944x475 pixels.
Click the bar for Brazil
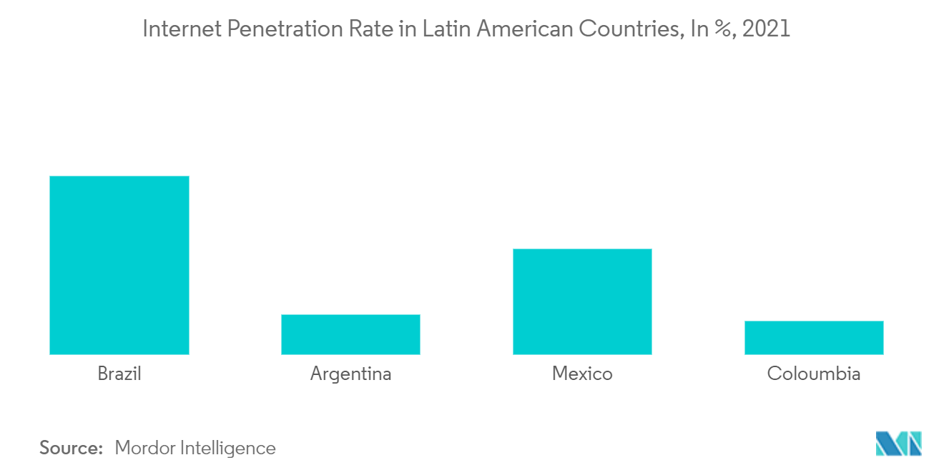tap(119, 265)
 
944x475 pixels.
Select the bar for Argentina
tap(350, 334)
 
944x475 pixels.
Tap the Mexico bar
tap(582, 301)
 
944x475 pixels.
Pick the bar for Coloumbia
tap(814, 338)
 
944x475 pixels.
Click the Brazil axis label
tap(119, 374)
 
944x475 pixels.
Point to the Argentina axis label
tap(350, 374)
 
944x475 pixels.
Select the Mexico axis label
tap(582, 374)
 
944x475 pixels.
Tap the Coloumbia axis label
tap(814, 374)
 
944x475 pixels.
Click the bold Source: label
tap(72, 448)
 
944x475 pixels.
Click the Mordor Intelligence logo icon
tap(899, 444)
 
